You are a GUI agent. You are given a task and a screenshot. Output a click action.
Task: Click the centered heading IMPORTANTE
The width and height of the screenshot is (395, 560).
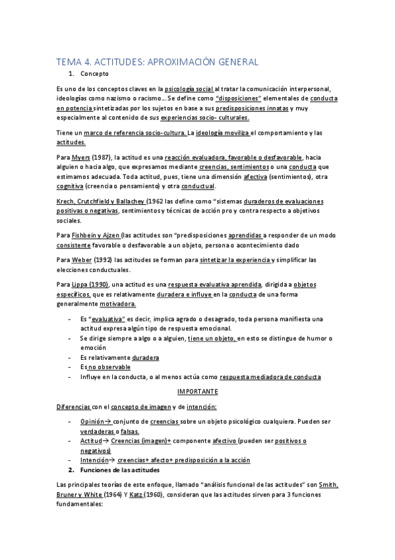click(x=198, y=391)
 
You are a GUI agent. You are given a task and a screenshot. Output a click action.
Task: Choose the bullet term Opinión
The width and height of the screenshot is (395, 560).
click(x=93, y=420)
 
